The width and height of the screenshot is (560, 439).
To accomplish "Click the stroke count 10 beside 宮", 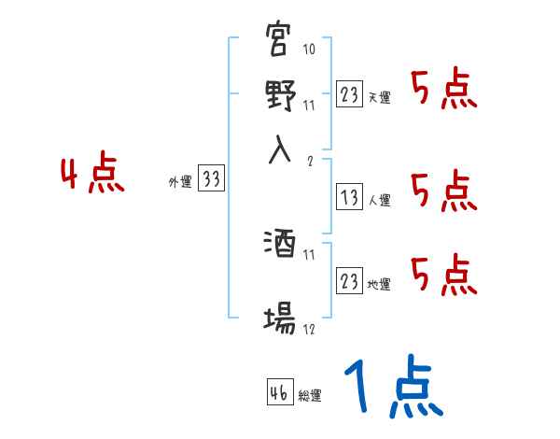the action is click(309, 49).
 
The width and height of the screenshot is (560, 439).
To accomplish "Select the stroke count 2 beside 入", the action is click(308, 160).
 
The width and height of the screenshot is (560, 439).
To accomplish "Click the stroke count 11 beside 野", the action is click(309, 105).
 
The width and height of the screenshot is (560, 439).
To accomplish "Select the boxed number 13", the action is click(350, 197).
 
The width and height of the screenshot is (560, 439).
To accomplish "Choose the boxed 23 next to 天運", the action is click(350, 94).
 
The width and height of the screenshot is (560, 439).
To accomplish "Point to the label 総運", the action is click(310, 396).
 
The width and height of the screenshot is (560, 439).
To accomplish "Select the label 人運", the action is click(380, 200).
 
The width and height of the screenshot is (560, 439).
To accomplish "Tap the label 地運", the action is click(380, 284).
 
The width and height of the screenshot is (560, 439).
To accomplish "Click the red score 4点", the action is click(91, 177).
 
